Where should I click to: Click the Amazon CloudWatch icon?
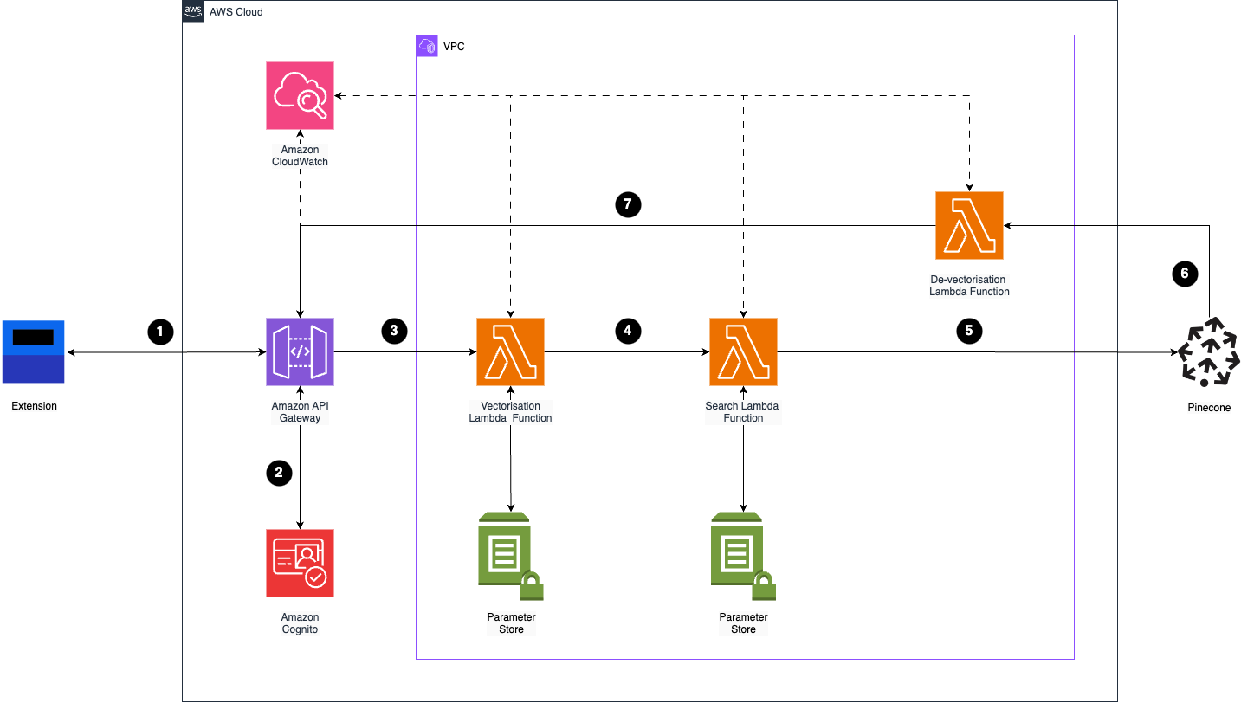300,95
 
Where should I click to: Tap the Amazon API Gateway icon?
300,351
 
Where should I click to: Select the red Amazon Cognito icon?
300,563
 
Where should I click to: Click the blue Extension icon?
33,351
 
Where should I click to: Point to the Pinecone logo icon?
1208,351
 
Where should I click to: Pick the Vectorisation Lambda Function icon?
510,351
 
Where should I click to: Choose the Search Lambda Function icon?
743,351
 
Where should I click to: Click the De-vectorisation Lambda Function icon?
969,225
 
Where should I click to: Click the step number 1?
159,331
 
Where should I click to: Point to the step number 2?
279,473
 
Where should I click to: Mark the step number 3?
394,331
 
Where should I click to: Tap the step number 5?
968,331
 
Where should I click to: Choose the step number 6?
1185,274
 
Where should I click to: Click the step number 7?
628,204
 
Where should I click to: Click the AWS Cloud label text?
236,12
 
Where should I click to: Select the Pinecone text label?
1209,408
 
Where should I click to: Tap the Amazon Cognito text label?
300,623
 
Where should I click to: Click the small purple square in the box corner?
427,46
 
